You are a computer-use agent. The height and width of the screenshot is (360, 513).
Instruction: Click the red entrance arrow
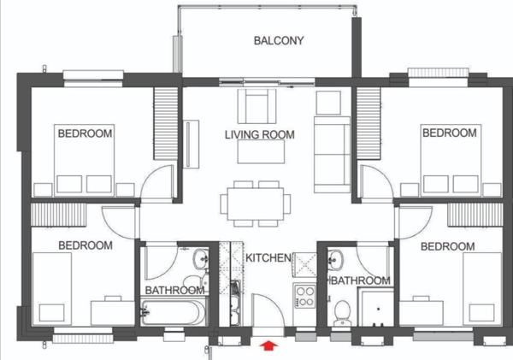269,345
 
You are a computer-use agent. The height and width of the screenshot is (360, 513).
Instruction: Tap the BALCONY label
279,40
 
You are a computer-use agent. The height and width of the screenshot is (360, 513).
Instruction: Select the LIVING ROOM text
260,135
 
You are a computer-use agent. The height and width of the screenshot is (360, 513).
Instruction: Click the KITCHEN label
269,257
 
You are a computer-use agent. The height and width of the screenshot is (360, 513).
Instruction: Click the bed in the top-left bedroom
85,167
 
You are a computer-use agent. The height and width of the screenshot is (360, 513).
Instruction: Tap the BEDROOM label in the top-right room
450,133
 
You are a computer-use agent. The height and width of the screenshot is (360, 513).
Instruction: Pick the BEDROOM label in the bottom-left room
85,245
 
